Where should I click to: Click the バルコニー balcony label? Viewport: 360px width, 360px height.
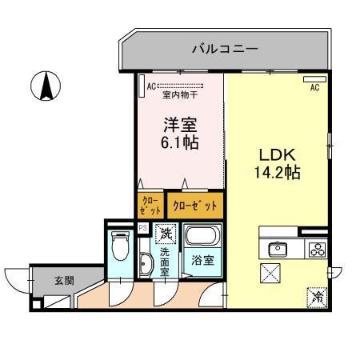(x=225, y=50)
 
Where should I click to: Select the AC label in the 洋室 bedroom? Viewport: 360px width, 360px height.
(x=142, y=84)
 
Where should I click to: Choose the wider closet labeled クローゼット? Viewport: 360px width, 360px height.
(x=194, y=205)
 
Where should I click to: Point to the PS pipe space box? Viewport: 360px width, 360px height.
(x=142, y=228)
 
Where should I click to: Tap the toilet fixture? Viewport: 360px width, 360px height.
(x=120, y=244)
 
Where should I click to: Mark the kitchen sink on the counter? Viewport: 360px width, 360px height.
(x=278, y=247)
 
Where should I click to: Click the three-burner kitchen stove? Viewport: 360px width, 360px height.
(x=316, y=247)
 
